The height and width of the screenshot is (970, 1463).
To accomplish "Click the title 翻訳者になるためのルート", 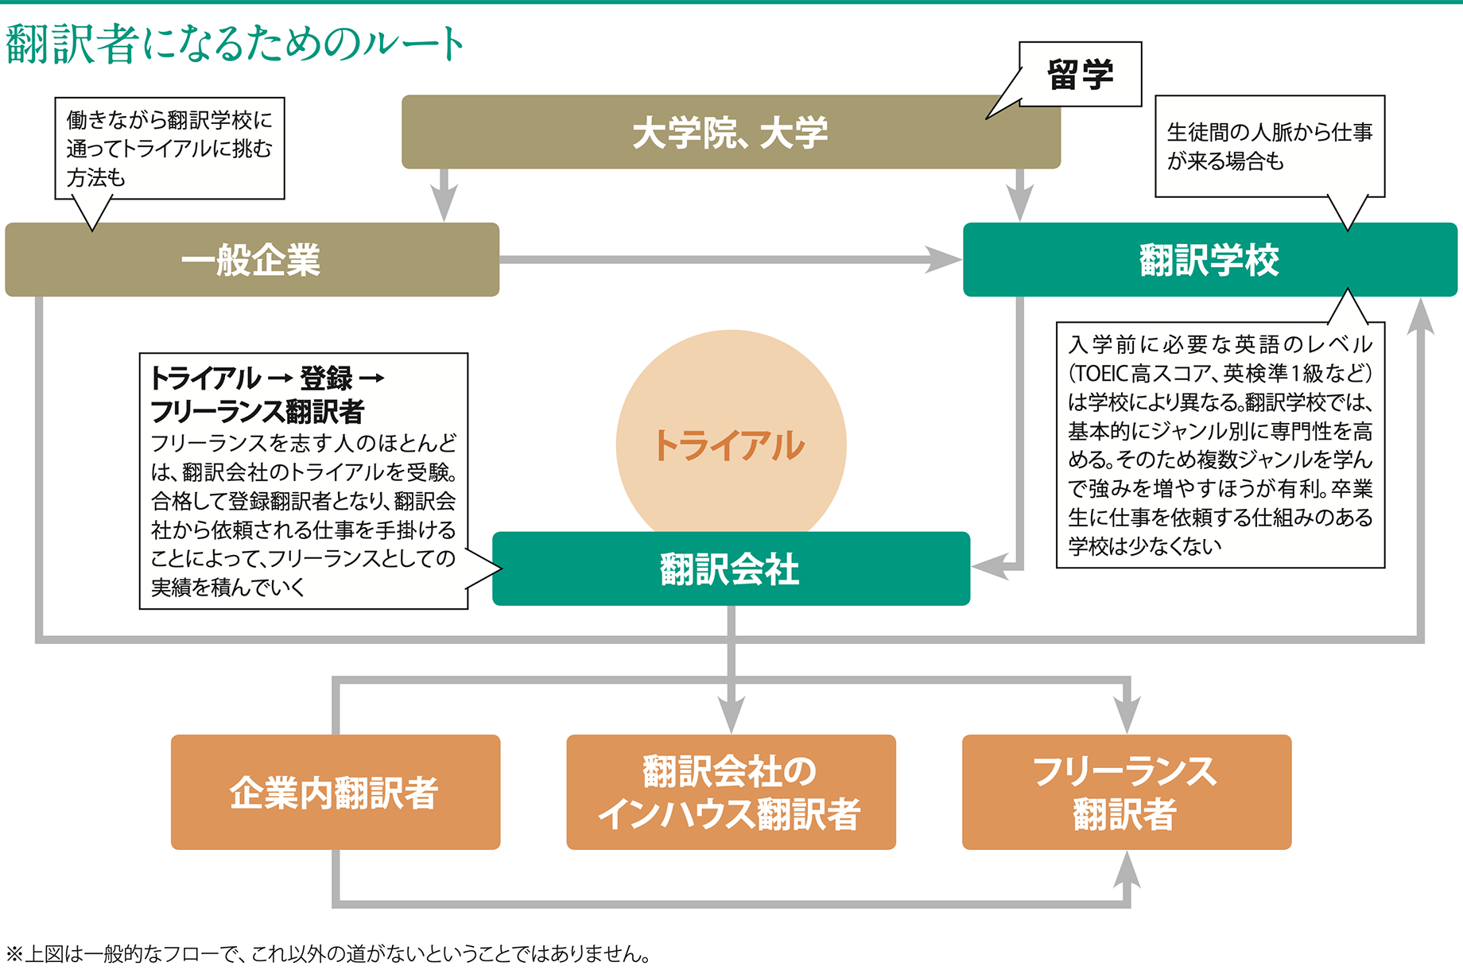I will point(235,44).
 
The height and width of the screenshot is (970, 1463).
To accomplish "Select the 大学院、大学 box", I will point(730,132).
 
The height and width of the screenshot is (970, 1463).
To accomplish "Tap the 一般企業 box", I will point(251,260).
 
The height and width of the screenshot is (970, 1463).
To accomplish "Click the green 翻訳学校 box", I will point(1209,260).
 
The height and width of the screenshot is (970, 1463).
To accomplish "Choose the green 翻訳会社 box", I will point(730,569).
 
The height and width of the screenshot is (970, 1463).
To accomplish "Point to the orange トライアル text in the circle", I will point(730,445).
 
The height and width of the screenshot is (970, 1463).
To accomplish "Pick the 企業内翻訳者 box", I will point(335,792).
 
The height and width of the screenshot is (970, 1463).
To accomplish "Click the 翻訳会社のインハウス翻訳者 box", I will point(730,792).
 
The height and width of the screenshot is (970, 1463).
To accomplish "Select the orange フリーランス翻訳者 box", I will point(1126,792).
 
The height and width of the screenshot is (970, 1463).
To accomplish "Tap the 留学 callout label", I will point(1080,75).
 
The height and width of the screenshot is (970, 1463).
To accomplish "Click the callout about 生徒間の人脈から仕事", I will point(1269,146).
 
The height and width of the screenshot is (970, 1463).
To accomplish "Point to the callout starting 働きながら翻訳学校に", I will point(169,148).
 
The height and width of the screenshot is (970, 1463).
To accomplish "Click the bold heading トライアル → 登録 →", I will point(267,378).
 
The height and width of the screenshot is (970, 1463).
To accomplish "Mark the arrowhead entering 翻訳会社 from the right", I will point(988,568).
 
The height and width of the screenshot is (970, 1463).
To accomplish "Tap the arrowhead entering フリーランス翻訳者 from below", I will point(1127,869).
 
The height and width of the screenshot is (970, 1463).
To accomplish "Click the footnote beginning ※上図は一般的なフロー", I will point(328,953).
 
